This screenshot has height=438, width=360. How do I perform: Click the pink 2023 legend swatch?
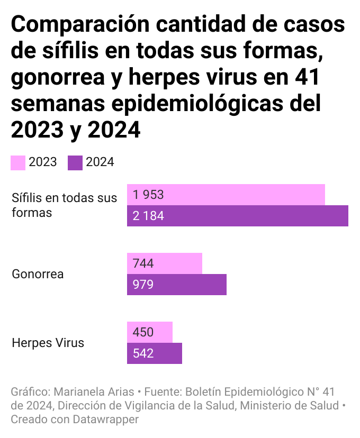18,162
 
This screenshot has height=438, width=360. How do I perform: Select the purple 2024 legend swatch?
75,162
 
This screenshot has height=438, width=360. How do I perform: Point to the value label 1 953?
149,195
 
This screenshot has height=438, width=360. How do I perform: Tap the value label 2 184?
149,216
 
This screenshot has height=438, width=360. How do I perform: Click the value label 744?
143,263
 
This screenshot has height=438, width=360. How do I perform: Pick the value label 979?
143,285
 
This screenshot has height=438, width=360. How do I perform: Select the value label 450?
143,332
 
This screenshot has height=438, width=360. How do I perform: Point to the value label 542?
143,353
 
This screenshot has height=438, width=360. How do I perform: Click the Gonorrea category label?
38,274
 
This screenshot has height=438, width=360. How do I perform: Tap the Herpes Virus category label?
48,343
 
